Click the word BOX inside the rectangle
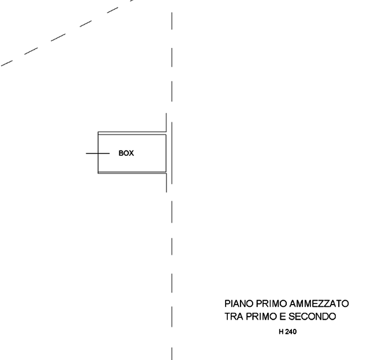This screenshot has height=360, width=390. [x=126, y=153]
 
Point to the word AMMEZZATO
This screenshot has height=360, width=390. [x=319, y=304]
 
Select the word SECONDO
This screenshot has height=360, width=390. [x=312, y=317]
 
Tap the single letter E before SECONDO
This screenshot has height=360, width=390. [x=283, y=317]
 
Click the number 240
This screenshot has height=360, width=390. [x=291, y=332]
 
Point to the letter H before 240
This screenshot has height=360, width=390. [x=281, y=332]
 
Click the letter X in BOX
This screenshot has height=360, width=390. [x=131, y=153]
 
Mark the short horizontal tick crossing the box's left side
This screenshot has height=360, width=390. [x=97, y=153]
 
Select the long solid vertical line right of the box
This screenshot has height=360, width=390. [x=172, y=153]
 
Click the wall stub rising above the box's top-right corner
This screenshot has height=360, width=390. [x=166, y=122]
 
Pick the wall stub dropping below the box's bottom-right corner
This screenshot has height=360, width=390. [x=166, y=183]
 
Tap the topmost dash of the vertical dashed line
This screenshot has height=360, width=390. [x=172, y=21]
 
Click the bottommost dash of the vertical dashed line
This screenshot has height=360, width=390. [x=172, y=354]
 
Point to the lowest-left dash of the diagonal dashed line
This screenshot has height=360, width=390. [x=7, y=63]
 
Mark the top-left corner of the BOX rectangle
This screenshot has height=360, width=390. [x=98, y=132]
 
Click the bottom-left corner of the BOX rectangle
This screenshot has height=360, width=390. [x=98, y=174]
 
